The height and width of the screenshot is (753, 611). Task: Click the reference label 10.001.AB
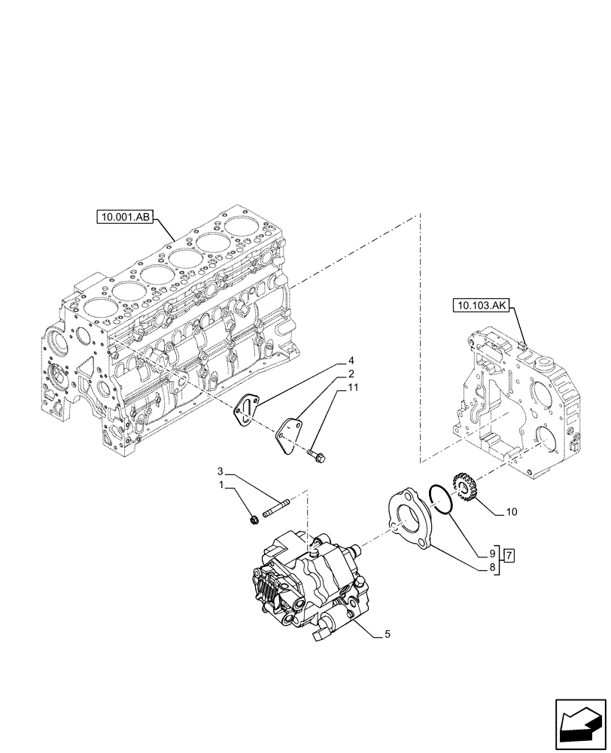point(126,218)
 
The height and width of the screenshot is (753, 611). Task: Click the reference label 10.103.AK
point(481,305)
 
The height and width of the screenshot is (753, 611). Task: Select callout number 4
point(351,360)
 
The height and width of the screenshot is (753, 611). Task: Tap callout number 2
point(351,374)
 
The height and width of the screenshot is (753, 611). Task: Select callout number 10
point(511,512)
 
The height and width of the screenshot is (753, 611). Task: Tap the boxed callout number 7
point(509,556)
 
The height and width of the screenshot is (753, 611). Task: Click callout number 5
point(387,634)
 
